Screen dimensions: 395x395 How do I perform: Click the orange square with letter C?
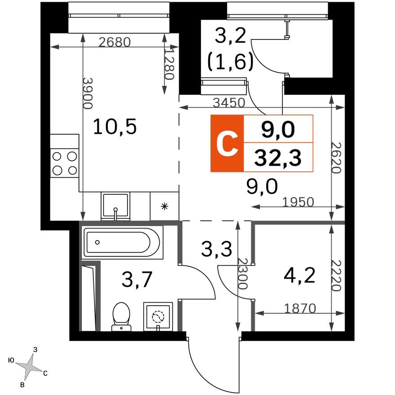(227, 144)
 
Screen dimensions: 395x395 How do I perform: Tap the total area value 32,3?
(277, 158)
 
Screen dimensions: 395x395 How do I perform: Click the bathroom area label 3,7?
(137, 281)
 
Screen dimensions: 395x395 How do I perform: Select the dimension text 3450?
(229, 103)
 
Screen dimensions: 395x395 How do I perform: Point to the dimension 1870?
(301, 308)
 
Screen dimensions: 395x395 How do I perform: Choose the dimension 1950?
(298, 202)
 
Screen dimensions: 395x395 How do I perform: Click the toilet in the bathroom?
(120, 316)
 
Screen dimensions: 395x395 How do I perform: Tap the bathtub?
(123, 242)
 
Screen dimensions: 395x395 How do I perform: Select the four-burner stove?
(65, 163)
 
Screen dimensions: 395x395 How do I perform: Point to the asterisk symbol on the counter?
(164, 206)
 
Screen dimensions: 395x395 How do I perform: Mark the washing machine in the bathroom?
(158, 317)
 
